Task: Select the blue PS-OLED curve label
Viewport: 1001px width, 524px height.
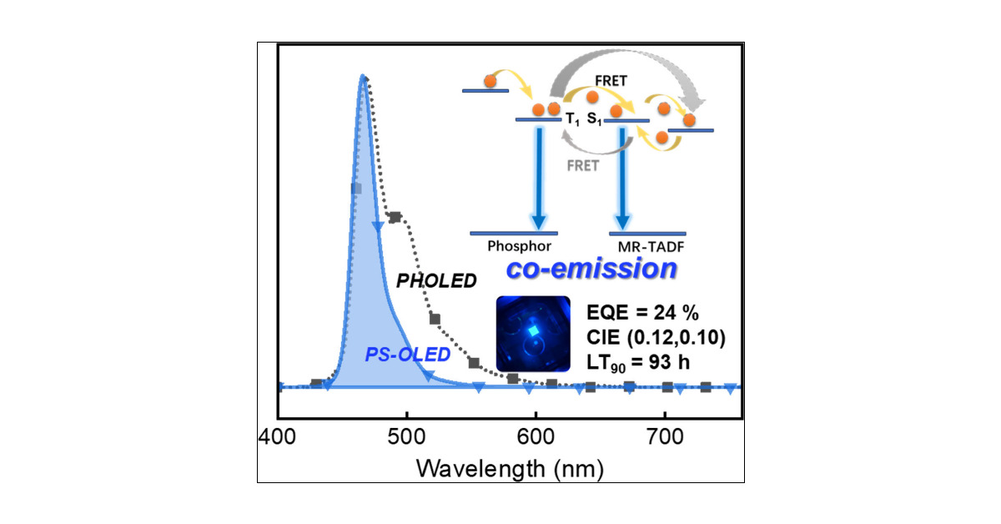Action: pos(407,355)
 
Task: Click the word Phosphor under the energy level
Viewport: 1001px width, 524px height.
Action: pos(515,247)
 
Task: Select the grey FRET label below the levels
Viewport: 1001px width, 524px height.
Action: pos(582,165)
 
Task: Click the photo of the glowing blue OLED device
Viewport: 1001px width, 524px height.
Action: pos(533,333)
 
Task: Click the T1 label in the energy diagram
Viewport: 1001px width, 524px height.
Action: pos(572,120)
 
